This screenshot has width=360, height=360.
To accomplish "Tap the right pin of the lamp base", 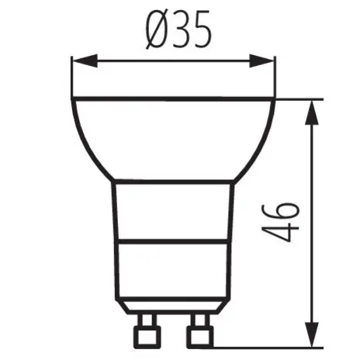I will point(199,332).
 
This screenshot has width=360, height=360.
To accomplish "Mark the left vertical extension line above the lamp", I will point(71,78).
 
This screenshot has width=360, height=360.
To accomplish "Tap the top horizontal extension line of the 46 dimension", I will point(299,99).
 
